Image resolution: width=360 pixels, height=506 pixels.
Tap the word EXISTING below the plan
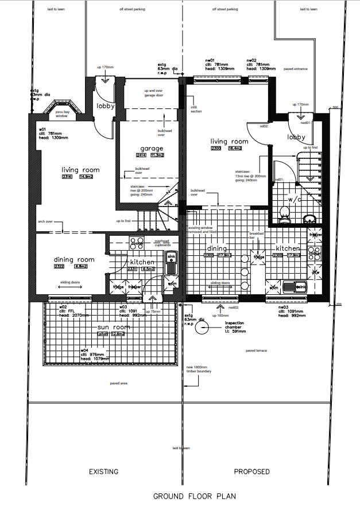click(x=103, y=472)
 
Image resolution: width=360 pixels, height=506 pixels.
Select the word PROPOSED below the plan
click(x=251, y=472)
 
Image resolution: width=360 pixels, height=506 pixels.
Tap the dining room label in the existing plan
click(x=74, y=259)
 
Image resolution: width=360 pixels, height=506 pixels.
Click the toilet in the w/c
click(x=283, y=215)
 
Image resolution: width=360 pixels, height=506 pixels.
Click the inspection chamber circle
click(x=202, y=328)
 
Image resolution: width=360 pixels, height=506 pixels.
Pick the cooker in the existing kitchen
click(x=137, y=242)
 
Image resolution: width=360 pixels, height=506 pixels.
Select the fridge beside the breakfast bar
click(x=260, y=257)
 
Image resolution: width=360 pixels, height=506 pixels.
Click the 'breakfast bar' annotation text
click(x=256, y=235)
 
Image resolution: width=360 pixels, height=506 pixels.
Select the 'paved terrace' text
click(x=256, y=350)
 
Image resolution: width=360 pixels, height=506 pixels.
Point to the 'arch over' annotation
click(x=45, y=221)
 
